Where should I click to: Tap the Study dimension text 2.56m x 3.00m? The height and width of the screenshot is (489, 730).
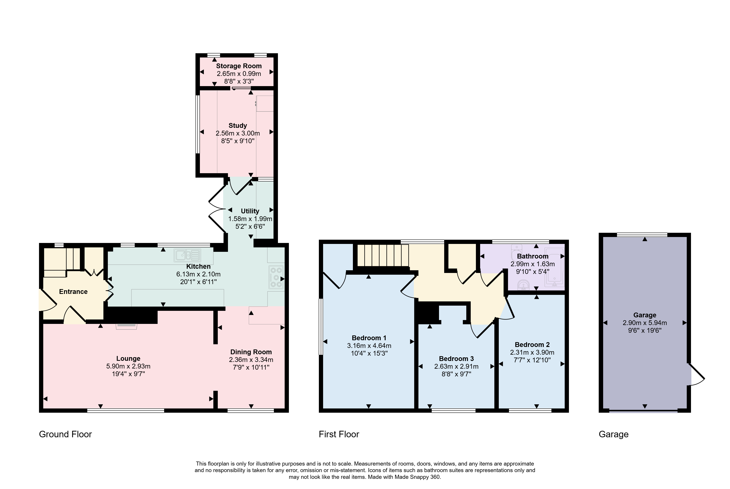point(238,133)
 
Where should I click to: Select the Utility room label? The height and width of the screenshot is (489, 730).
point(250,211)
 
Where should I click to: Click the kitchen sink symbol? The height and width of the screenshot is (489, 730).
point(187,255)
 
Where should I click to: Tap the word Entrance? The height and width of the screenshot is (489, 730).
point(73,292)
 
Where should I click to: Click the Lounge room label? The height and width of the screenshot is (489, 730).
point(128,359)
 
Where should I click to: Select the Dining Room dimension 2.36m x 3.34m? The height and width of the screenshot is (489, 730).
point(251,360)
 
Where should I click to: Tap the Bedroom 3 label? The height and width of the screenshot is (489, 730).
point(456,359)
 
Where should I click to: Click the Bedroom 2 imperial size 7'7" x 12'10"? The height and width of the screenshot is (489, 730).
point(532,360)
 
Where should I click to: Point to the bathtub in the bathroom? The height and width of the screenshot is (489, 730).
point(555,267)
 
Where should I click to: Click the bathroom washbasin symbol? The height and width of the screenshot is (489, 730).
point(523,285)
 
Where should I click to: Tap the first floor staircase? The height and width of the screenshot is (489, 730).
point(383,255)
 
